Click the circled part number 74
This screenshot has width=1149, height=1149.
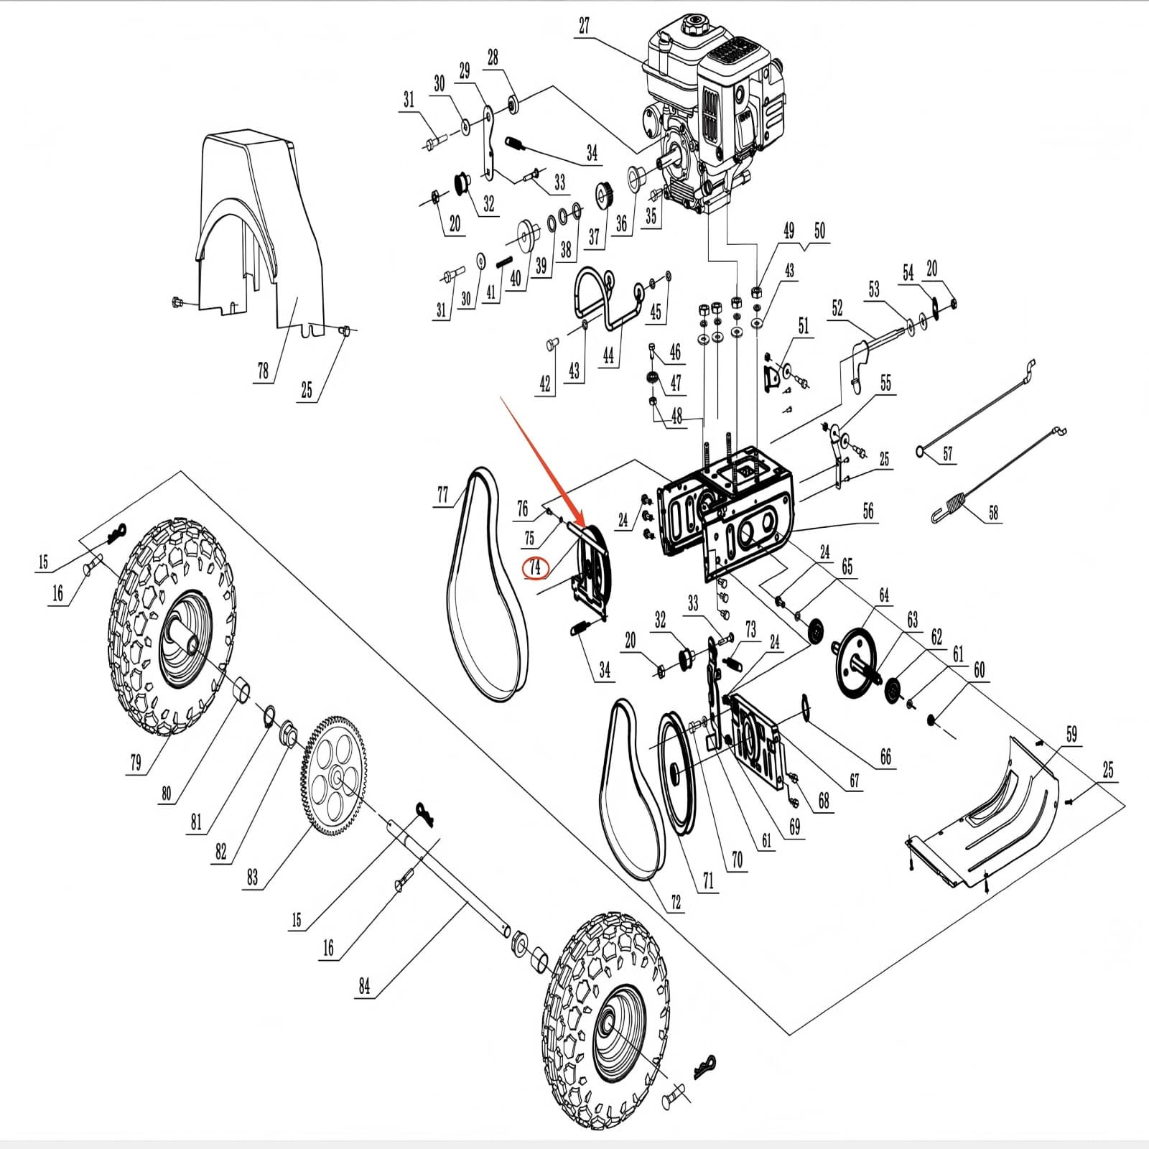click(x=535, y=567)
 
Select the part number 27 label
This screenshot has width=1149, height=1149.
click(x=584, y=26)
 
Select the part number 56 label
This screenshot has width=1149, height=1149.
click(x=868, y=511)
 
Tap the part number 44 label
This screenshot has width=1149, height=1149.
click(x=609, y=355)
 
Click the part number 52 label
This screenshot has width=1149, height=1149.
click(x=837, y=308)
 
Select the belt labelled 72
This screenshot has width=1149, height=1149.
click(x=625, y=790)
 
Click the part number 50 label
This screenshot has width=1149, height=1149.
click(x=819, y=231)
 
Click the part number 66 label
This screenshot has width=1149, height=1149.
click(x=885, y=756)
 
